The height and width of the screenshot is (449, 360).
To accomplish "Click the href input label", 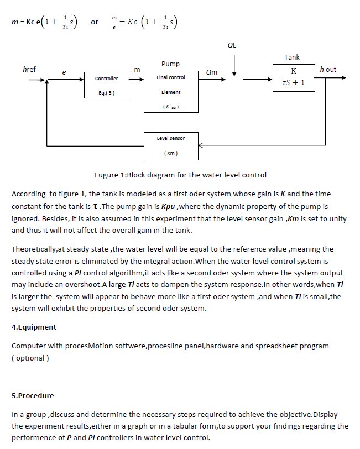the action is (x=29, y=69).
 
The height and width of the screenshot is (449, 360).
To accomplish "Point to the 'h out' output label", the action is (x=328, y=69).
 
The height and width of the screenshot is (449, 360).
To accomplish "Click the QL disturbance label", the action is (x=232, y=45).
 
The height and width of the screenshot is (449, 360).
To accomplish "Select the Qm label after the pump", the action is (x=212, y=72).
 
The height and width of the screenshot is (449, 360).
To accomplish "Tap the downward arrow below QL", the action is (x=234, y=66).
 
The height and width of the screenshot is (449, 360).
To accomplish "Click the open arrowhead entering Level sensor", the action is (x=201, y=145).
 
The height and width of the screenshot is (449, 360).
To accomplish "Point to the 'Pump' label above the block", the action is (x=170, y=64).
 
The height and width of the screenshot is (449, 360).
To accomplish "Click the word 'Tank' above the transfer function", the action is (x=292, y=58).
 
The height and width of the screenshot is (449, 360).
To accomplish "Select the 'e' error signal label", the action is (x=64, y=72).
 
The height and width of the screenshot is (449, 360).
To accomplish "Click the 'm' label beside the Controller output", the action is (x=137, y=70).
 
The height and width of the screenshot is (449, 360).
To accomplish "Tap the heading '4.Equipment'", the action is (x=34, y=327).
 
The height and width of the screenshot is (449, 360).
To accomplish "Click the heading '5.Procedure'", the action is (x=33, y=395).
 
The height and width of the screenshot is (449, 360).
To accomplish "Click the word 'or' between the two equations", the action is (x=95, y=22).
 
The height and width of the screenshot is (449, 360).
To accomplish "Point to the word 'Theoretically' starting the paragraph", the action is (x=34, y=249).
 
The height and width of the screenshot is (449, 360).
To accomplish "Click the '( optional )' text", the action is (x=30, y=358).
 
